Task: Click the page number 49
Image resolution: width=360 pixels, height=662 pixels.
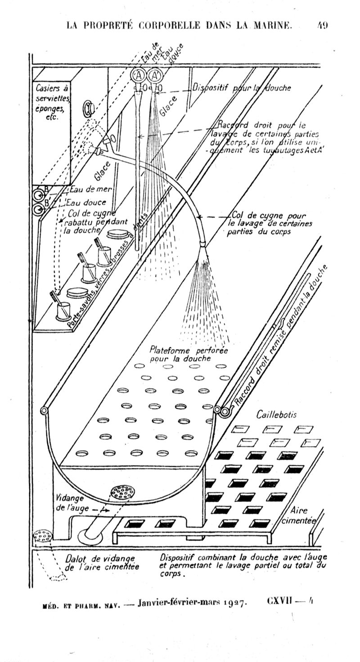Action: [322, 25]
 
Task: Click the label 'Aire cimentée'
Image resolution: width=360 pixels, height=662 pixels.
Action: [298, 515]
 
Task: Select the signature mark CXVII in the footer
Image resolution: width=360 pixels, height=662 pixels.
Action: [280, 602]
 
